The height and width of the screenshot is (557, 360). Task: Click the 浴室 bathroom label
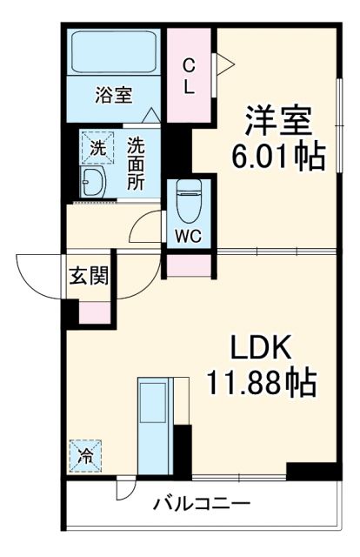point(113,95)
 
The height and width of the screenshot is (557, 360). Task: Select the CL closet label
point(189,75)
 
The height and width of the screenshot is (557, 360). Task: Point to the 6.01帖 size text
point(277,157)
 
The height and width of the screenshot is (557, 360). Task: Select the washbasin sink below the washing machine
point(91,182)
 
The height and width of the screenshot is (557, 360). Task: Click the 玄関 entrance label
point(89,278)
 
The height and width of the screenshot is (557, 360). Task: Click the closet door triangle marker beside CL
point(223,62)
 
